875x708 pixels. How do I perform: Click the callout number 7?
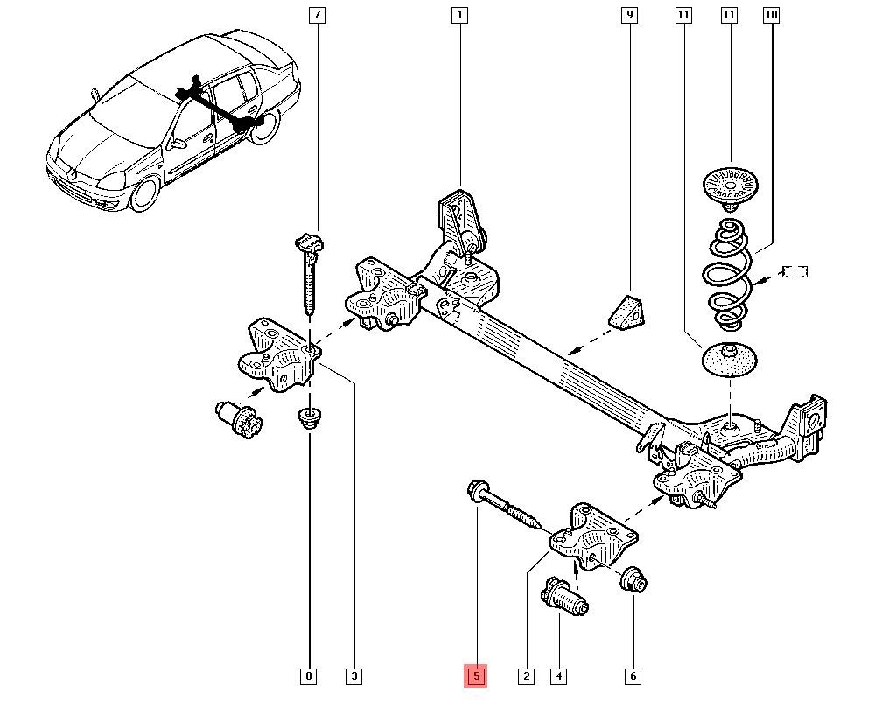317,15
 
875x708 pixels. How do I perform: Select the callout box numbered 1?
460,15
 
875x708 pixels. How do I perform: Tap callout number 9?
629,15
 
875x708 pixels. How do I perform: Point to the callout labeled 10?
771,15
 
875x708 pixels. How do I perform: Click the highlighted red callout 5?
476,676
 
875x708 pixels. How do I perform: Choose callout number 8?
309,676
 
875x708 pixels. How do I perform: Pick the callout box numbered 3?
354,676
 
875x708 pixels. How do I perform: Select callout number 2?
526,676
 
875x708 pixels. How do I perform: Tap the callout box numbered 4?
558,676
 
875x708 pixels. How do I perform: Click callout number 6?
633,676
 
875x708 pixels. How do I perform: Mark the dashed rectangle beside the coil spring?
795,271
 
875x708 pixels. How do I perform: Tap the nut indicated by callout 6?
633,579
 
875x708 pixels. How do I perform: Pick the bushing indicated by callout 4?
564,596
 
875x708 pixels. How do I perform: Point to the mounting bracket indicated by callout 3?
279,354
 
